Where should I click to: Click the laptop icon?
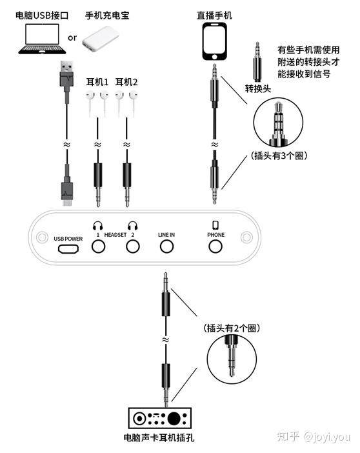coord(42,39)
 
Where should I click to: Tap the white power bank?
coord(100,39)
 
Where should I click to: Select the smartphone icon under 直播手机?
coord(214,41)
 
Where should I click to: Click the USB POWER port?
coord(68,248)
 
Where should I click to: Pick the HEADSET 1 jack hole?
coord(98,247)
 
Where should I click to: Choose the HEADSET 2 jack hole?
coord(133,247)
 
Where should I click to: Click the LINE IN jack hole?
coord(166,247)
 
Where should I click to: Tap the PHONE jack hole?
coord(215,247)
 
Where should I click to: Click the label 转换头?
coord(258,88)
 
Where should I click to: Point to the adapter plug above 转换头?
coord(257,61)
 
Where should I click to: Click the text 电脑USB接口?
coord(42,15)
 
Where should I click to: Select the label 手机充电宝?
coord(107,15)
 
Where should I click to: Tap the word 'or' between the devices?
coord(72,38)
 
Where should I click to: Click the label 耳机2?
coord(126,82)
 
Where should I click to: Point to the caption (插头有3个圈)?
coord(279,156)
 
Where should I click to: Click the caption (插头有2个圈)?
coord(232,328)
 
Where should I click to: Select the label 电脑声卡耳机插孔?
coord(159,438)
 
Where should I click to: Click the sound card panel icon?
coord(160,418)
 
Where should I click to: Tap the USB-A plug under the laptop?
coord(66,74)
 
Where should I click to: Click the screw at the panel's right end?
coord(246,237)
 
